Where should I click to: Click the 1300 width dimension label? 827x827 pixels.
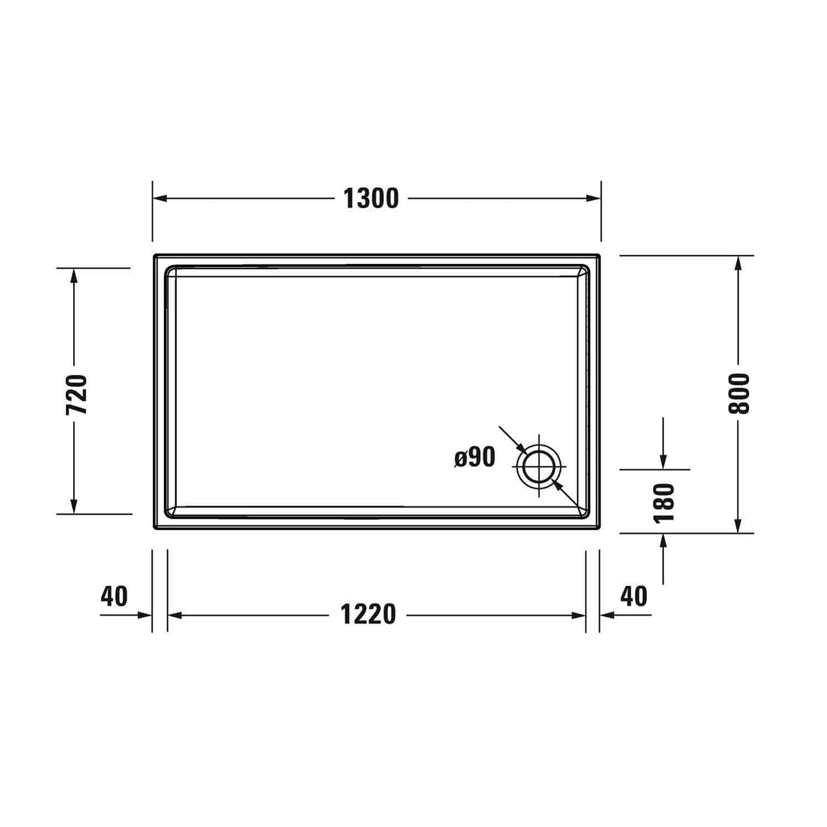371,198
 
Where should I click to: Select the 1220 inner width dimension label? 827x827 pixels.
368,615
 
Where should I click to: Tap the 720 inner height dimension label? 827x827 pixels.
77,395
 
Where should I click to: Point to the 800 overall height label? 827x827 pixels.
739,393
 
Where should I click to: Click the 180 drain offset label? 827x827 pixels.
664,502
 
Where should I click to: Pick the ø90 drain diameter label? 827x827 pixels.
475,457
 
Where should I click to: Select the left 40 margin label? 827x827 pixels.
114,596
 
